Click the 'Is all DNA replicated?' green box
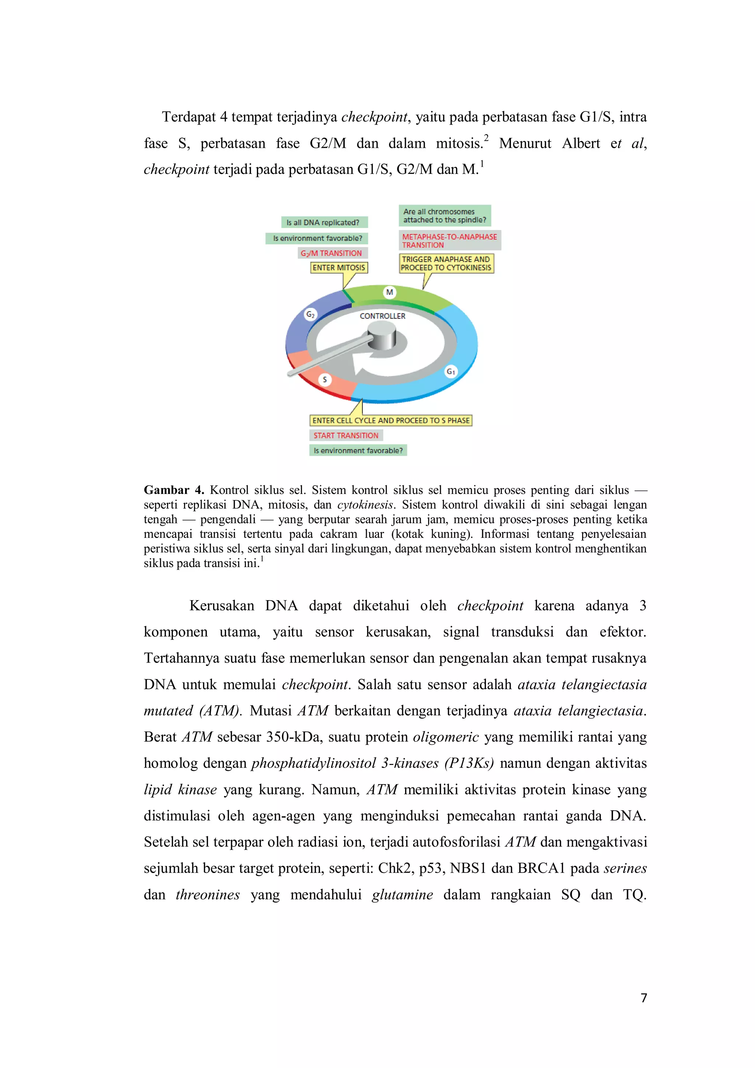tap(324, 222)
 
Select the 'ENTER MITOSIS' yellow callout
tap(339, 268)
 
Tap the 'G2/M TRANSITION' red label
tap(332, 253)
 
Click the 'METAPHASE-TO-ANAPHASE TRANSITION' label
tap(449, 240)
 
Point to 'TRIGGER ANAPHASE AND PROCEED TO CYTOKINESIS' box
tap(446, 263)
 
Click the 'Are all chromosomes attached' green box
tap(444, 216)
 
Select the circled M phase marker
tap(389, 292)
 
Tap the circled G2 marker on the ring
tap(310, 314)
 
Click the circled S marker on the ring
tap(325, 380)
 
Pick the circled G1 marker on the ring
tap(450, 371)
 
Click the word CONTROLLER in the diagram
tap(382, 316)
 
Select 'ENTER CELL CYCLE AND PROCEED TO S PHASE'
tap(391, 421)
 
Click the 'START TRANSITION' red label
tap(346, 435)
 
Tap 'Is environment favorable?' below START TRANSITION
tap(358, 450)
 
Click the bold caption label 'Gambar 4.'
tap(174, 490)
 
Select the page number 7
tap(643, 998)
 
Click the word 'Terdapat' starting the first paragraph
tap(188, 117)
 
